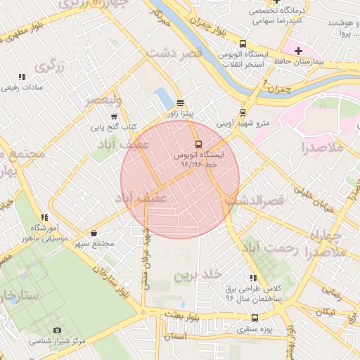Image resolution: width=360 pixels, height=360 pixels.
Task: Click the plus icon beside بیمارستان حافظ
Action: (298, 51)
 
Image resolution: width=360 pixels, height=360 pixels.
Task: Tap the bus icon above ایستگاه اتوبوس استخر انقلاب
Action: (243, 43)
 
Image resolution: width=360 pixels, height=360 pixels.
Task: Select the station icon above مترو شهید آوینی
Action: (243, 112)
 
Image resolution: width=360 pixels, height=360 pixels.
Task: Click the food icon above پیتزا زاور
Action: (180, 101)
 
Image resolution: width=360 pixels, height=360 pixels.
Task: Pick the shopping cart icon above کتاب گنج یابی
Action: (114, 117)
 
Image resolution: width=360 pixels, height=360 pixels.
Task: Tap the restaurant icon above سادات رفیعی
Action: (22, 77)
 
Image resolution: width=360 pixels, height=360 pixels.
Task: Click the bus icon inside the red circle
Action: (198, 143)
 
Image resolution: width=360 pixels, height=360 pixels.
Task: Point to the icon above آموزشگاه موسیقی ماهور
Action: (44, 218)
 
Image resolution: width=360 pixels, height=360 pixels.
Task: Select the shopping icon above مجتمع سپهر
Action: (95, 233)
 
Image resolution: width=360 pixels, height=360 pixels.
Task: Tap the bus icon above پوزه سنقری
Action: (255, 318)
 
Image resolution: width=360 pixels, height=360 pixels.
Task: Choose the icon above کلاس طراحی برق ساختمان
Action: (253, 278)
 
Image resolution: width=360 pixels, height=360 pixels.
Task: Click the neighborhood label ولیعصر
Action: (103, 101)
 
